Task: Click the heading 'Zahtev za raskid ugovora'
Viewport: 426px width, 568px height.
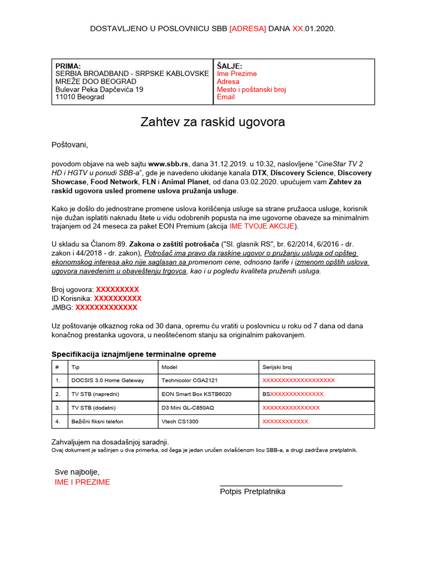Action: click(x=213, y=122)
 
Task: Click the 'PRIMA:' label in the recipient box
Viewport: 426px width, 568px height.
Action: click(x=68, y=66)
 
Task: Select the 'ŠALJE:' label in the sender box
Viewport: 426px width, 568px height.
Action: click(x=230, y=66)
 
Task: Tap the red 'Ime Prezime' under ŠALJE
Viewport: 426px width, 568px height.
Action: click(x=237, y=74)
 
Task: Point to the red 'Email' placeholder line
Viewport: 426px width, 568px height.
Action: click(x=226, y=97)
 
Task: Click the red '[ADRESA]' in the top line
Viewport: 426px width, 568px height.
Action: click(x=248, y=28)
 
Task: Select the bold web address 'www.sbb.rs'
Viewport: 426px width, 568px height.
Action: click(x=169, y=164)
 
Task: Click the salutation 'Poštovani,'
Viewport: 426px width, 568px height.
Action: click(x=70, y=145)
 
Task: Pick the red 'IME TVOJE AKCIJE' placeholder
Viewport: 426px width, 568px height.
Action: click(x=262, y=226)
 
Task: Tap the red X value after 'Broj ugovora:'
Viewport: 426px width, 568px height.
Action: click(x=118, y=290)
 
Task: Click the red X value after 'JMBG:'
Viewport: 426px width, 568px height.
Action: click(x=106, y=307)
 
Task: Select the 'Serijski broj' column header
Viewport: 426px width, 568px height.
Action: click(x=277, y=367)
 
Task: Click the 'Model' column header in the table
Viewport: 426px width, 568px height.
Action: click(x=169, y=367)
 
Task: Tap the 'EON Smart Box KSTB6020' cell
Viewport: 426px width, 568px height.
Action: click(x=196, y=394)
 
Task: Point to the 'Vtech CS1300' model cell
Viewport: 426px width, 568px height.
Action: click(x=180, y=422)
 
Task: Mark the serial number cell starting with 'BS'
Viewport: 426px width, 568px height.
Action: click(x=293, y=394)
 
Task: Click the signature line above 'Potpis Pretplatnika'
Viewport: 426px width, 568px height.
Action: click(x=281, y=485)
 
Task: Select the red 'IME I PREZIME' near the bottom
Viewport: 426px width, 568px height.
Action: click(x=82, y=482)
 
